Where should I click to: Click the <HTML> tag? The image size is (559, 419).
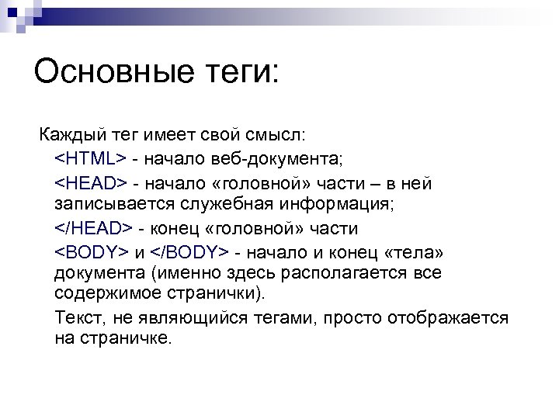point(90,159)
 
